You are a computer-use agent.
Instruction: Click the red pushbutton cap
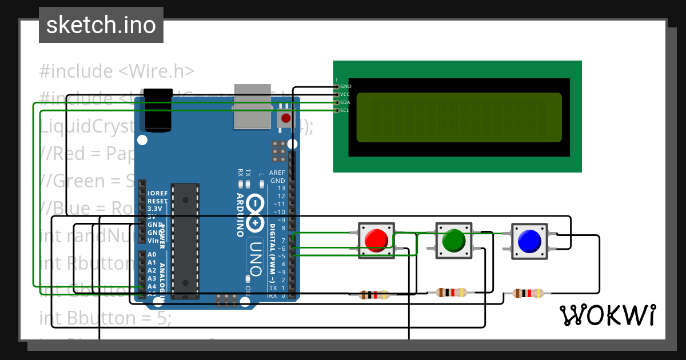pyautogui.click(x=376, y=240)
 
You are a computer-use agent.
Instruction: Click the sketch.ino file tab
pyautogui.click(x=101, y=25)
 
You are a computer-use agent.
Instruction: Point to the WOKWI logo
pyautogui.click(x=607, y=315)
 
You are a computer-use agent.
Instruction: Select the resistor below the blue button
pyautogui.click(x=528, y=293)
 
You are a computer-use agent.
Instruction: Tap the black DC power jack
pyautogui.click(x=157, y=110)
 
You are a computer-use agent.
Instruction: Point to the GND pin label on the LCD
pyautogui.click(x=346, y=86)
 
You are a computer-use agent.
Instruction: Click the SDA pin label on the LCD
pyautogui.click(x=345, y=102)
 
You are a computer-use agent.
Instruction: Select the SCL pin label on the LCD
pyautogui.click(x=345, y=110)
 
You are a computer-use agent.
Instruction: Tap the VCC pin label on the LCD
pyautogui.click(x=345, y=94)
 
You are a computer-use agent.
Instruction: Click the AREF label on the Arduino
pyautogui.click(x=277, y=173)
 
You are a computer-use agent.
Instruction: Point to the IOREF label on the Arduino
pyautogui.click(x=158, y=193)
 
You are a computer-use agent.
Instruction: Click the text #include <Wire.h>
pyautogui.click(x=117, y=71)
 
